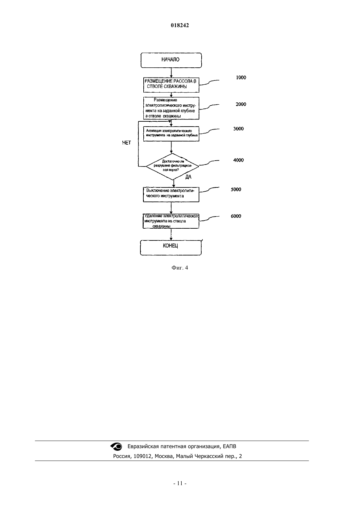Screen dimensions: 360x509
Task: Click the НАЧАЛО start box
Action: point(171,60)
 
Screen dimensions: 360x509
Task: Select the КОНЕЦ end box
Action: point(171,248)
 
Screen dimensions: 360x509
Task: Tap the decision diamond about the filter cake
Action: point(172,166)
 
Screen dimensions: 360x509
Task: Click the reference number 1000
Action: point(241,78)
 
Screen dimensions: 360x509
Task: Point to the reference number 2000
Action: point(241,104)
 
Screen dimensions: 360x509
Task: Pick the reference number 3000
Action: point(238,129)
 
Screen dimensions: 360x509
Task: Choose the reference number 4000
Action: point(238,160)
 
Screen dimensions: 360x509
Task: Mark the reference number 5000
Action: point(236,189)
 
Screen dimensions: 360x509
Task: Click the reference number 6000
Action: point(236,216)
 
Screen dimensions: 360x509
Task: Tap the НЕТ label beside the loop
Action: point(127,143)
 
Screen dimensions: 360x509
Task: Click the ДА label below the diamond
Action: point(189,177)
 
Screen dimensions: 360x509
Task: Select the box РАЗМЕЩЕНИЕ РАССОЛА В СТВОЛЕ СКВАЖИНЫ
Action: point(171,85)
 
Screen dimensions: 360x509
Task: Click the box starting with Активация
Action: point(171,134)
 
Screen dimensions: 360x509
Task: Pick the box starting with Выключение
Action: point(171,195)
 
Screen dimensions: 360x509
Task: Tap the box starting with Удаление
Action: point(171,221)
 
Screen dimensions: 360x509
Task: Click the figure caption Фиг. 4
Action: point(180,268)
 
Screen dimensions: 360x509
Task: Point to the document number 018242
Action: point(180,25)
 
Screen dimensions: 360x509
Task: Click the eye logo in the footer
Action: point(116,447)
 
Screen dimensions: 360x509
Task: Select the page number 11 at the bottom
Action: point(180,483)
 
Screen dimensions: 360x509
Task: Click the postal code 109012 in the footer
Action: point(142,456)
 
